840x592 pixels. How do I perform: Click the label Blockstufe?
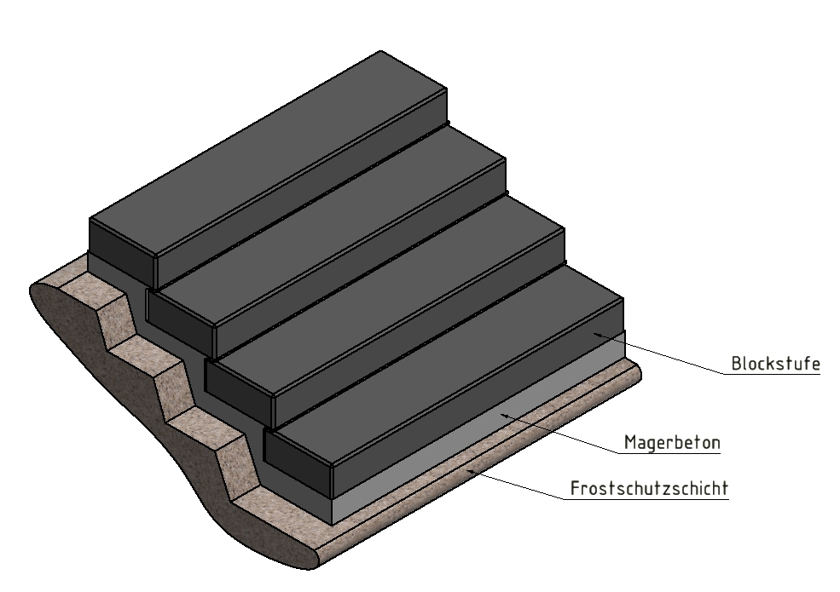coord(775,364)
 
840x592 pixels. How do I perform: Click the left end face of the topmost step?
coord(122,240)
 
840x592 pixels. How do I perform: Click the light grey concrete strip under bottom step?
coord(478,447)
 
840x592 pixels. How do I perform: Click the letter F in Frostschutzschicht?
coord(574,490)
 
